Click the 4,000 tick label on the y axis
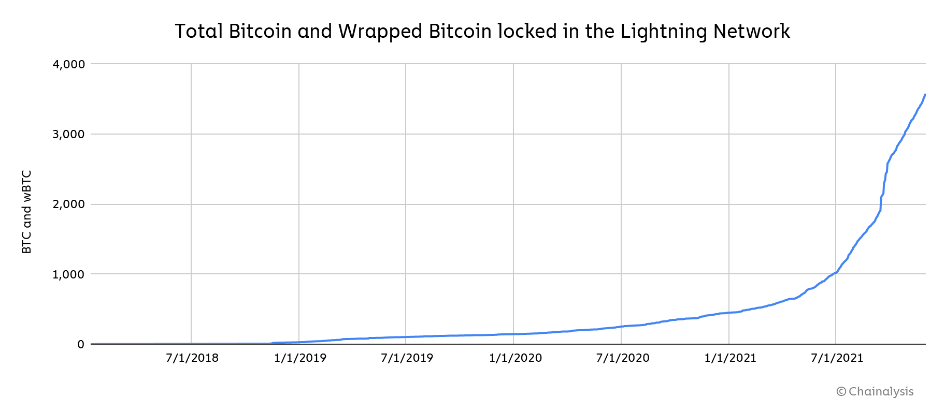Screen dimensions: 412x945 [x=68, y=65]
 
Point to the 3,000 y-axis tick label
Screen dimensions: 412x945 [x=68, y=135]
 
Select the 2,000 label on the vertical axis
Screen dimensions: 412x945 [x=68, y=204]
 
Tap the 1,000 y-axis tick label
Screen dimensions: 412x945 [x=68, y=274]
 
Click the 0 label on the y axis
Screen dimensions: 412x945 [x=80, y=345]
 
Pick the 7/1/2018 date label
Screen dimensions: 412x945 [x=192, y=358]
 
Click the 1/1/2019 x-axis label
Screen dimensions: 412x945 [x=300, y=358]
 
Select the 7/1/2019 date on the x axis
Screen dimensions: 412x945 [x=407, y=358]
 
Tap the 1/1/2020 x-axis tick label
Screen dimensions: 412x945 [x=515, y=358]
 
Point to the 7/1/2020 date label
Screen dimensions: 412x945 [x=622, y=358]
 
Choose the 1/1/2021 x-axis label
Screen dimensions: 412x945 [x=730, y=358]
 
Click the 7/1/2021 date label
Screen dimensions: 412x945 [x=837, y=358]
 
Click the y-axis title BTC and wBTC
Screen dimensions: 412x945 [x=27, y=212]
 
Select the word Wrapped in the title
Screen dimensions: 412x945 [x=381, y=32]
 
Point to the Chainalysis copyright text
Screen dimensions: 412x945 [x=881, y=392]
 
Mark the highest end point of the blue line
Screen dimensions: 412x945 [x=925, y=95]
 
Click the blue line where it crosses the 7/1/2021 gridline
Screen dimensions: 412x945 [x=836, y=272]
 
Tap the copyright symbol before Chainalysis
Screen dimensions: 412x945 [x=841, y=392]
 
